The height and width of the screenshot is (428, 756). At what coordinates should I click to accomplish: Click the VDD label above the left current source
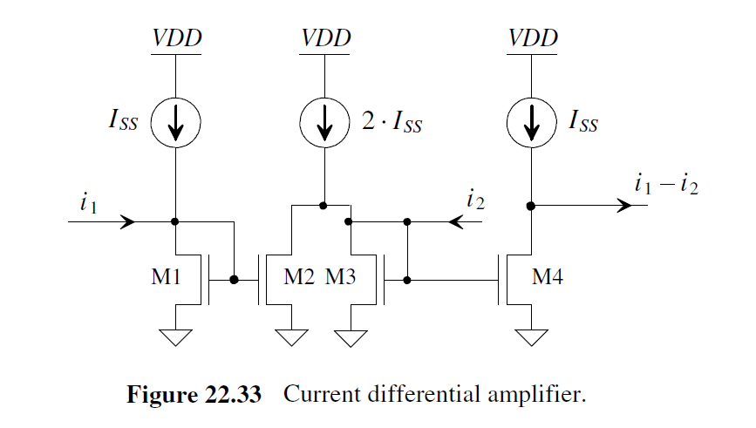pyautogui.click(x=176, y=38)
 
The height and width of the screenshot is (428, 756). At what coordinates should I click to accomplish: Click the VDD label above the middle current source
pyautogui.click(x=325, y=38)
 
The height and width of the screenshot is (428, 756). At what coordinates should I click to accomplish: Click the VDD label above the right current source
pyautogui.click(x=532, y=38)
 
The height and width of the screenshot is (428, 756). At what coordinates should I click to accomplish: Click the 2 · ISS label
pyautogui.click(x=392, y=125)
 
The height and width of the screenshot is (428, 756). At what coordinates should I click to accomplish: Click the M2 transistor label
pyautogui.click(x=301, y=278)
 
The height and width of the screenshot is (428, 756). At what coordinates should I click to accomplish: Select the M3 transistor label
pyautogui.click(x=344, y=278)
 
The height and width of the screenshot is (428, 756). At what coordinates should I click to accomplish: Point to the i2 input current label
pyautogui.click(x=475, y=202)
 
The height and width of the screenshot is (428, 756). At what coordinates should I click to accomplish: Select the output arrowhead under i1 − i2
pyautogui.click(x=623, y=206)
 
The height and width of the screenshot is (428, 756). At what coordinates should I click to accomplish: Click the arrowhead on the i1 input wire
pyautogui.click(x=128, y=221)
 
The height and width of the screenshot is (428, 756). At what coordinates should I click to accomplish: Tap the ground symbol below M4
pyautogui.click(x=532, y=336)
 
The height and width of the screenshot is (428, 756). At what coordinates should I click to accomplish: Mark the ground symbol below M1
pyautogui.click(x=176, y=336)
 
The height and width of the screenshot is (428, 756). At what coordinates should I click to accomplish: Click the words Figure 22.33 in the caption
pyautogui.click(x=194, y=394)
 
